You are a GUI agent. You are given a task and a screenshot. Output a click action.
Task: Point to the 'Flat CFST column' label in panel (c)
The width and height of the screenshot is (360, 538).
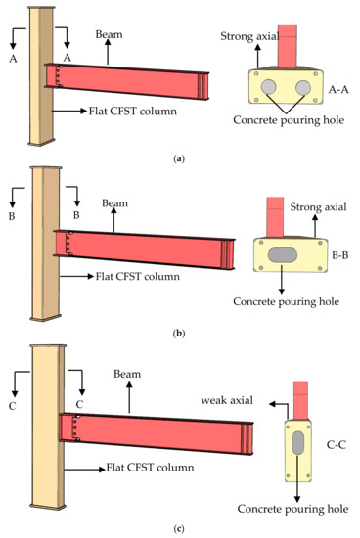(146, 470)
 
